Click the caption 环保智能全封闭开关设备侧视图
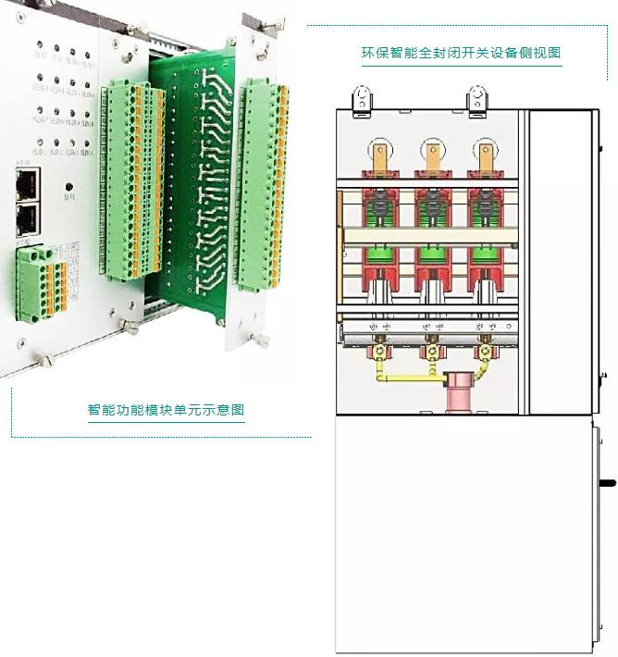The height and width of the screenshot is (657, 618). [x=461, y=53]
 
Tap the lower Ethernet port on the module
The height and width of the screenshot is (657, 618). [x=27, y=219]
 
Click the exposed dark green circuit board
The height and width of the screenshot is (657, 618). [x=194, y=185]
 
